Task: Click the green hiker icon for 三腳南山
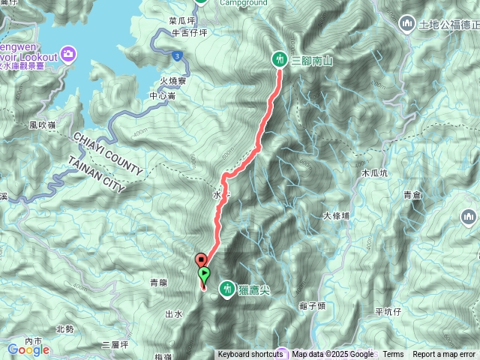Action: pyautogui.click(x=279, y=59)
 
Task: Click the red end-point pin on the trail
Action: pyautogui.click(x=200, y=260)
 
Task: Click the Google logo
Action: pyautogui.click(x=28, y=349)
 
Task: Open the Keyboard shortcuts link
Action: pyautogui.click(x=250, y=355)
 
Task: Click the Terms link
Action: pyautogui.click(x=393, y=355)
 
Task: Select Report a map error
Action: pyautogui.click(x=444, y=355)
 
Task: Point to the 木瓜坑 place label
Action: pyautogui.click(x=375, y=172)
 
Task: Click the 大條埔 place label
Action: pyautogui.click(x=337, y=216)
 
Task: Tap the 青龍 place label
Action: pyautogui.click(x=158, y=283)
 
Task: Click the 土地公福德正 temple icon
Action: pyautogui.click(x=408, y=24)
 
